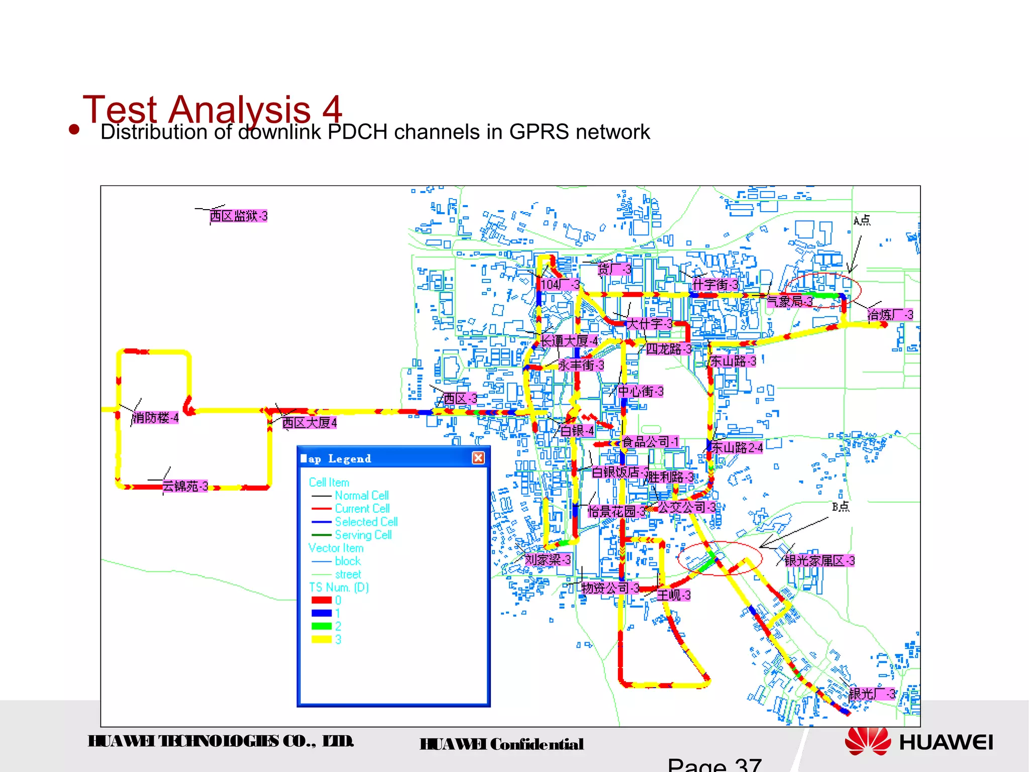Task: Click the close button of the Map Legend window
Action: pyautogui.click(x=478, y=458)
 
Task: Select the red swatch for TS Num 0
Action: pyautogui.click(x=322, y=600)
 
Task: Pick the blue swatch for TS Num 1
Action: pyautogui.click(x=322, y=613)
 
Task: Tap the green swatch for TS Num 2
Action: pyautogui.click(x=322, y=626)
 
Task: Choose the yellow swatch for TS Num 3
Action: pyautogui.click(x=322, y=639)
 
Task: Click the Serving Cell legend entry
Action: pyautogui.click(x=363, y=535)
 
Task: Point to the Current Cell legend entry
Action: pyautogui.click(x=362, y=509)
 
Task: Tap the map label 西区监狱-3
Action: pyautogui.click(x=238, y=216)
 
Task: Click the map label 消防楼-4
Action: pyautogui.click(x=155, y=418)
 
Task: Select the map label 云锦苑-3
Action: pyautogui.click(x=185, y=486)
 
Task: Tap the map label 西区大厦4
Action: pyautogui.click(x=309, y=423)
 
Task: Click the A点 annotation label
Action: pyautogui.click(x=862, y=220)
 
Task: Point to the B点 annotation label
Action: pyautogui.click(x=840, y=507)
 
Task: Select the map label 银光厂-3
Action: pyautogui.click(x=872, y=694)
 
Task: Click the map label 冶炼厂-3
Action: pyautogui.click(x=890, y=315)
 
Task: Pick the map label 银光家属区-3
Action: pyautogui.click(x=819, y=560)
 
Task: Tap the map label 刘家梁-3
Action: pyautogui.click(x=548, y=559)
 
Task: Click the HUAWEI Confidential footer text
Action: pyautogui.click(x=501, y=744)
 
